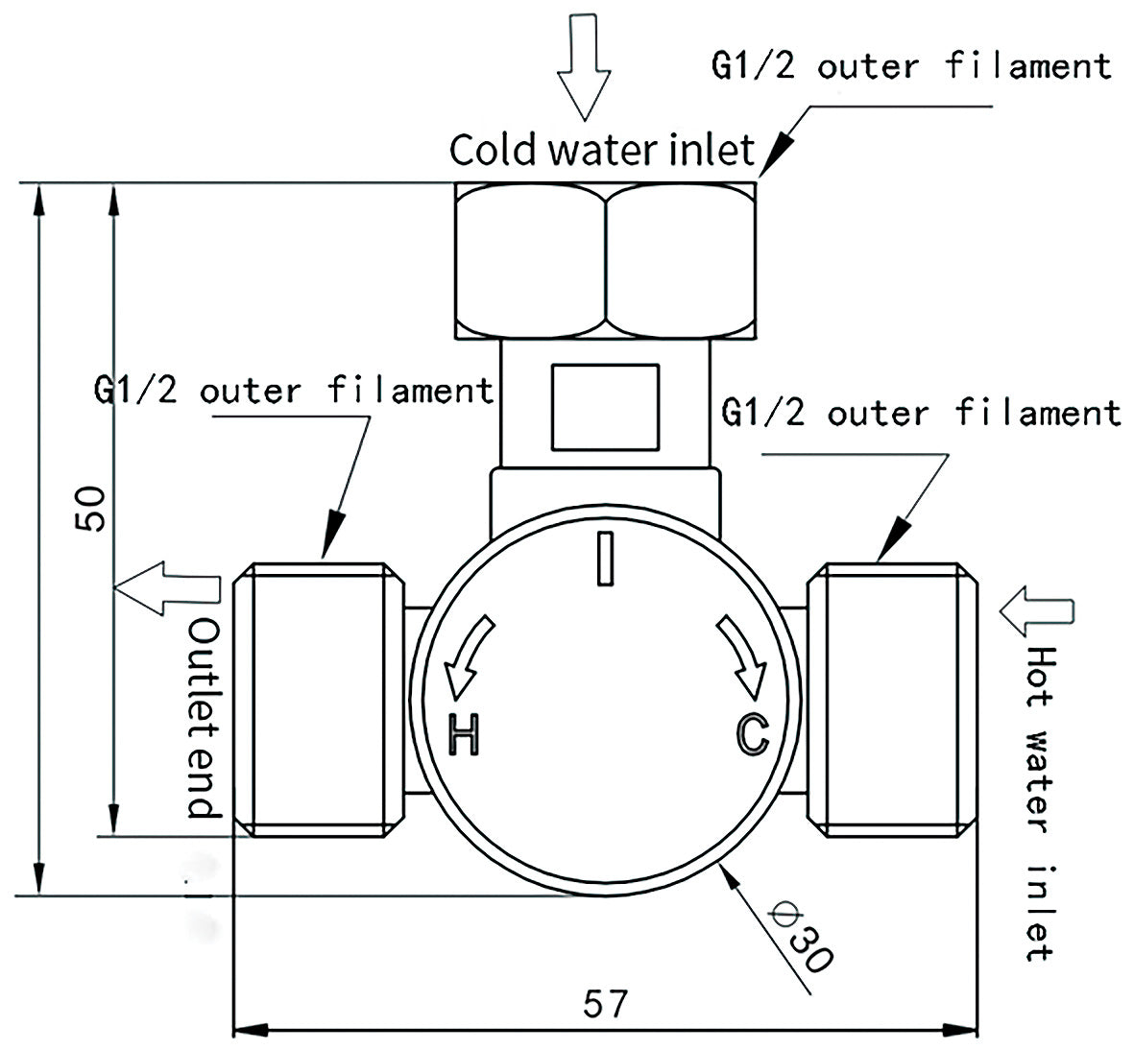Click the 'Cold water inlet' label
click(602, 150)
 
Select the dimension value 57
click(605, 1004)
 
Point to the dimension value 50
click(92, 509)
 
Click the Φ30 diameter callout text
click(802, 934)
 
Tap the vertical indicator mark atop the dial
click(605, 559)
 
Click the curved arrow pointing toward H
click(468, 656)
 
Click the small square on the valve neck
click(605, 407)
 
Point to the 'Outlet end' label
click(204, 718)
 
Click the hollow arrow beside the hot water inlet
click(1036, 611)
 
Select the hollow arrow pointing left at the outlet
click(168, 588)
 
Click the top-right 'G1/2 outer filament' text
click(910, 66)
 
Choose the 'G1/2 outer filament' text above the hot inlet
click(921, 414)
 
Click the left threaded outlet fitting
click(319, 700)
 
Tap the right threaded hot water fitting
click(892, 700)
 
